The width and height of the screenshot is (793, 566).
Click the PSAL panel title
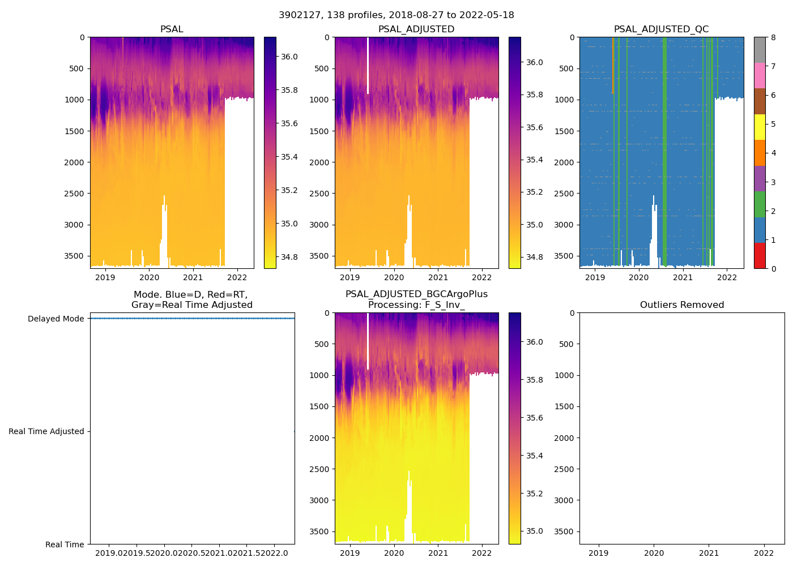(172, 29)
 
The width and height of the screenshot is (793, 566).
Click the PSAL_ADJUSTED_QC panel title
(661, 29)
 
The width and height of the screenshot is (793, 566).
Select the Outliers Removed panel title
(682, 305)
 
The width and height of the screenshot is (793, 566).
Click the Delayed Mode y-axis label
(56, 319)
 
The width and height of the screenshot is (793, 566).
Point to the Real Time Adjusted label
(46, 431)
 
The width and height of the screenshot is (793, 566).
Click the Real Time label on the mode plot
(65, 544)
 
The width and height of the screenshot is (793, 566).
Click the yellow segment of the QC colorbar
(760, 127)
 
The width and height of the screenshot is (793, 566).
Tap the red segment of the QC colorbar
(760, 256)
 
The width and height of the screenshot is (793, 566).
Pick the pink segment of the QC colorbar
(760, 75)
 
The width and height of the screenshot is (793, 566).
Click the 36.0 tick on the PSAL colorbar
(289, 57)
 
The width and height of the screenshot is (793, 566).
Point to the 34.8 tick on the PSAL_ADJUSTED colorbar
(534, 257)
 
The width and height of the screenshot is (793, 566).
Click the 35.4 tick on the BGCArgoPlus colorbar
(534, 456)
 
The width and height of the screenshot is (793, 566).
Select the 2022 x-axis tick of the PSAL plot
(237, 277)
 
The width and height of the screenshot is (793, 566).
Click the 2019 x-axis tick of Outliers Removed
(599, 553)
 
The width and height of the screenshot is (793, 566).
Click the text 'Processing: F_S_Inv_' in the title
(416, 305)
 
